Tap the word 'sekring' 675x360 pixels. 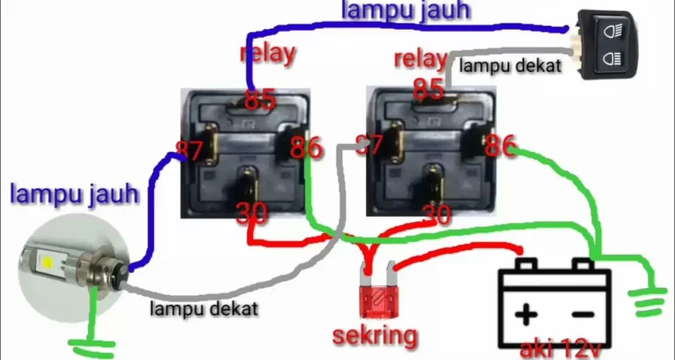click(375, 336)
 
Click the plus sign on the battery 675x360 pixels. click(526, 314)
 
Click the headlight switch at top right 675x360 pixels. click(607, 43)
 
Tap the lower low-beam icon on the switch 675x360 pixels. click(616, 59)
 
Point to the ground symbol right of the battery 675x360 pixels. click(650, 301)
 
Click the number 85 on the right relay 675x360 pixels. click(429, 89)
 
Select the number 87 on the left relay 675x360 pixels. click(189, 151)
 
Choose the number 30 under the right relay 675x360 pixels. click(436, 213)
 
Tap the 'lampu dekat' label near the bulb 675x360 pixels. click(204, 309)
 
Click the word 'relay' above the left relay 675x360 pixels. click(267, 53)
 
